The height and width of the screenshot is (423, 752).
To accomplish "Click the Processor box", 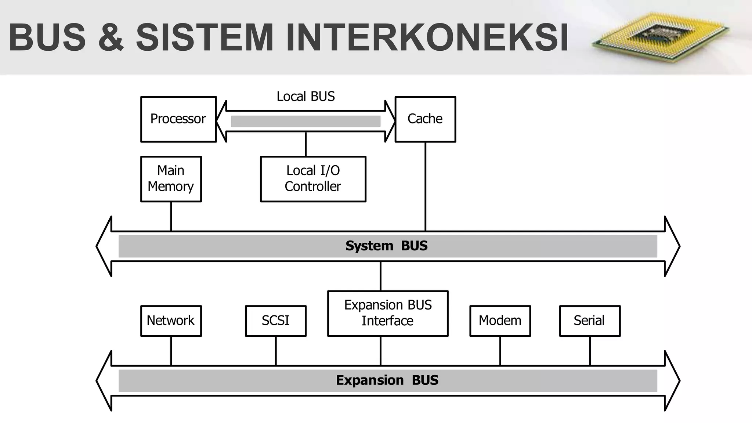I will pyautogui.click(x=178, y=119).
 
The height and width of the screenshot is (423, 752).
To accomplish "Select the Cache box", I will pyautogui.click(x=425, y=119).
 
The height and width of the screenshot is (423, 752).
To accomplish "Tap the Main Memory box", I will pyautogui.click(x=171, y=179).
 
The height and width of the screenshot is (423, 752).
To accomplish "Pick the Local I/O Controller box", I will pyautogui.click(x=313, y=179).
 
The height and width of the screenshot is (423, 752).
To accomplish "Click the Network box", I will pyautogui.click(x=171, y=321).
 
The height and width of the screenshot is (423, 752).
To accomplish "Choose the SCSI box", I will pyautogui.click(x=275, y=321).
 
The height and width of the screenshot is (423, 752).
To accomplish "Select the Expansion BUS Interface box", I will pyautogui.click(x=388, y=313).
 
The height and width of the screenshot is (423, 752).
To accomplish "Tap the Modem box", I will pyautogui.click(x=500, y=321).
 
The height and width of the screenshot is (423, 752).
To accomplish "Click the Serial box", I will pyautogui.click(x=590, y=321).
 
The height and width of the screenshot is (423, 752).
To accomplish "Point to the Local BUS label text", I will pyautogui.click(x=305, y=97).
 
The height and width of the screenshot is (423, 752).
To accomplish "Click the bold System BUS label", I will pyautogui.click(x=387, y=246).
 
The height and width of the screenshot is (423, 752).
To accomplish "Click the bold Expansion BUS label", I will pyautogui.click(x=387, y=380).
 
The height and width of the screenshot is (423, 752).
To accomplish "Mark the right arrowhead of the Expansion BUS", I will pyautogui.click(x=672, y=381).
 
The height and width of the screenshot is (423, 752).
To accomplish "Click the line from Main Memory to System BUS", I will pyautogui.click(x=171, y=216).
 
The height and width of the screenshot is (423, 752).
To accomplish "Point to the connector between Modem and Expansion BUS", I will pyautogui.click(x=500, y=351).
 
